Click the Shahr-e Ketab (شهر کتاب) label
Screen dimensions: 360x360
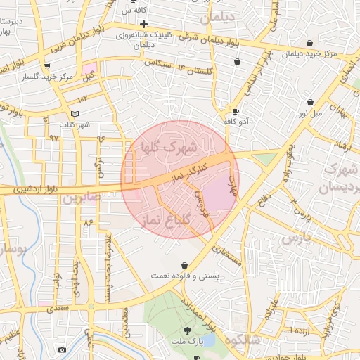click(75, 125)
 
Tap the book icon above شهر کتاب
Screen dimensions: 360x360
click(75, 114)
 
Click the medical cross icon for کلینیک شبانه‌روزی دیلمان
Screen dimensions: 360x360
click(143, 24)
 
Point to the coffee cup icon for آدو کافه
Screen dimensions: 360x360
click(236, 111)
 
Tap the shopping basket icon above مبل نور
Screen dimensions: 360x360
click(310, 102)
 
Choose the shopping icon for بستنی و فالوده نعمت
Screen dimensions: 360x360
click(184, 266)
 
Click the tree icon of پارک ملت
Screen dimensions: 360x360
click(186, 330)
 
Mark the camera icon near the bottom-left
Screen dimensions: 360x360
click(62, 349)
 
